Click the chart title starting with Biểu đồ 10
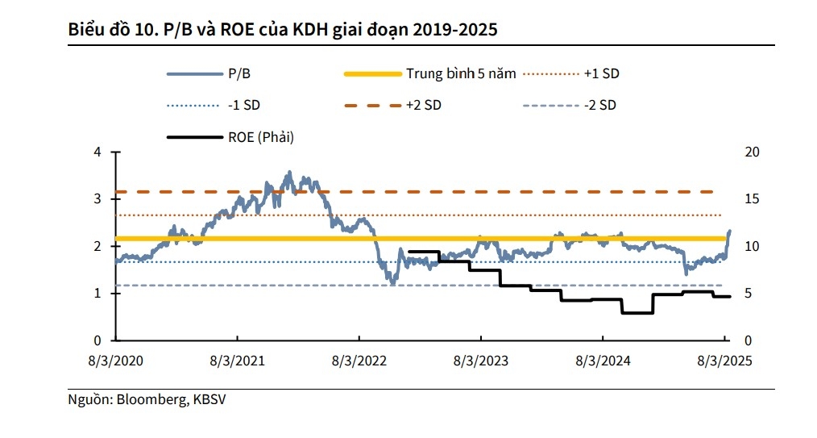tap(282, 31)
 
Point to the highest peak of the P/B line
tap(289, 172)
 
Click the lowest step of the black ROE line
tap(637, 312)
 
